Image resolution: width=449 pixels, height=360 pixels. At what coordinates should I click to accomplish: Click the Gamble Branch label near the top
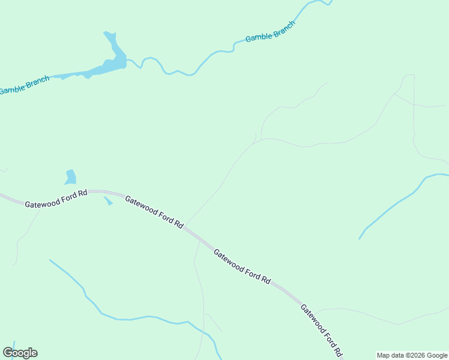tap(270, 31)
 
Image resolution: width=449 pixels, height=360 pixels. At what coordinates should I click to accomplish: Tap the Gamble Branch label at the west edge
tap(24, 85)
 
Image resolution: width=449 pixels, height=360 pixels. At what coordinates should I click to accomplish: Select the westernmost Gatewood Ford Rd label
tap(56, 199)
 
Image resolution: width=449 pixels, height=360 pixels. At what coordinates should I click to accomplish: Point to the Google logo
tap(20, 353)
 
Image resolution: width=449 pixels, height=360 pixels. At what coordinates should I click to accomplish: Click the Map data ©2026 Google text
tap(412, 355)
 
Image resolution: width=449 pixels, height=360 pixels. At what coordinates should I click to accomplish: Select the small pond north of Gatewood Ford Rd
tap(71, 178)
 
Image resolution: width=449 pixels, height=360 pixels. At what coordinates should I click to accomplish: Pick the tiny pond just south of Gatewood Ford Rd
tap(108, 201)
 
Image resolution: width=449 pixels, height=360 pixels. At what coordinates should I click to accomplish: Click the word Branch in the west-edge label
tap(37, 81)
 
